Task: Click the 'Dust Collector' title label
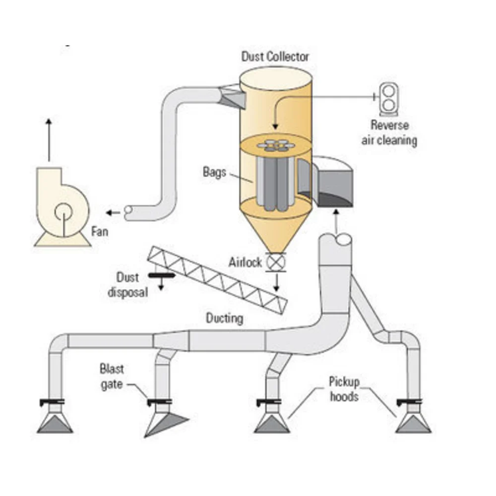[x=275, y=57]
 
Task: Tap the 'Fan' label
[x=100, y=232]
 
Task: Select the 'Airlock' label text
[x=245, y=262]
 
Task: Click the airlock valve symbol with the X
[x=276, y=262]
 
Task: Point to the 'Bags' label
[x=214, y=173]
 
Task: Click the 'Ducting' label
[x=225, y=318]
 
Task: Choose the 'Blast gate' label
[x=112, y=376]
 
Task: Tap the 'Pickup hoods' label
[x=344, y=389]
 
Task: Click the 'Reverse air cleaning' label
[x=389, y=132]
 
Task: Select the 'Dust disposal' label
[x=128, y=285]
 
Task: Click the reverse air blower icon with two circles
[x=389, y=99]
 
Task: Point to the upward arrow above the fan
[x=49, y=140]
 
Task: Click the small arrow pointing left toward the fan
[x=113, y=213]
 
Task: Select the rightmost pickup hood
[x=413, y=423]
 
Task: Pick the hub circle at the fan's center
[x=63, y=212]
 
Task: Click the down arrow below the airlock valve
[x=276, y=283]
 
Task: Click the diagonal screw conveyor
[x=218, y=280]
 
